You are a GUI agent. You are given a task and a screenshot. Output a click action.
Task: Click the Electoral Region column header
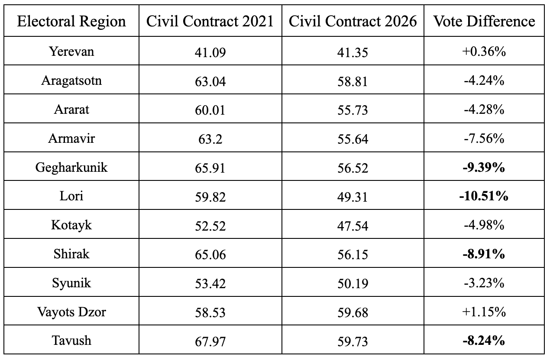[71, 21]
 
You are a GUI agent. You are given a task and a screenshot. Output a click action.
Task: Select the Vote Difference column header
[484, 21]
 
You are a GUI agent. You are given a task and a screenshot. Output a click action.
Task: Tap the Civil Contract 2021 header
[210, 21]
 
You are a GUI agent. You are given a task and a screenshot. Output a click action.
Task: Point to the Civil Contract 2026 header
[353, 21]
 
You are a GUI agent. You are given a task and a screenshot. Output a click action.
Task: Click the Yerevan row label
[71, 51]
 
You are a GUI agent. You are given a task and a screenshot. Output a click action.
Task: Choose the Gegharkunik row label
[71, 168]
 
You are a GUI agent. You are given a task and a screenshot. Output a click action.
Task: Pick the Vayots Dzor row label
[71, 312]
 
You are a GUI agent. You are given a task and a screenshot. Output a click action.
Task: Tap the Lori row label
[71, 196]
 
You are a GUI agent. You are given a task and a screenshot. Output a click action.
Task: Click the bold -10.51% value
[484, 196]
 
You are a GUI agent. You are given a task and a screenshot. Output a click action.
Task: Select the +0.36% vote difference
[484, 52]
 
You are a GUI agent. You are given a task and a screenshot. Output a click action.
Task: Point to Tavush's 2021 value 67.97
[210, 341]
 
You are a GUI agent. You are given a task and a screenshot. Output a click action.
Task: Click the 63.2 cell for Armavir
[210, 139]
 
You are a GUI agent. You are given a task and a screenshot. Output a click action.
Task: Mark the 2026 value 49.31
[353, 197]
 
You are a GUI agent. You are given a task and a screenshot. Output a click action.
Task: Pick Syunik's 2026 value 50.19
[353, 283]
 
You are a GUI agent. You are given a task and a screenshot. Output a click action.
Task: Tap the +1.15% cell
[484, 312]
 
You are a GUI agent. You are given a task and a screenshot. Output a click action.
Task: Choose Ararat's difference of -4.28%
[484, 110]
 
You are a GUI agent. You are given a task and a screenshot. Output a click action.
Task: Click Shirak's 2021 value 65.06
[210, 254]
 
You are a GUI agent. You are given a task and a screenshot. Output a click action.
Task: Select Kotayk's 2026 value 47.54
[353, 226]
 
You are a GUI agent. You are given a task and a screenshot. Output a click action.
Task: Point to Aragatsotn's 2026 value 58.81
[353, 81]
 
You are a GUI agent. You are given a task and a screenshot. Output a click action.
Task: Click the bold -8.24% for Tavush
[484, 341]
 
